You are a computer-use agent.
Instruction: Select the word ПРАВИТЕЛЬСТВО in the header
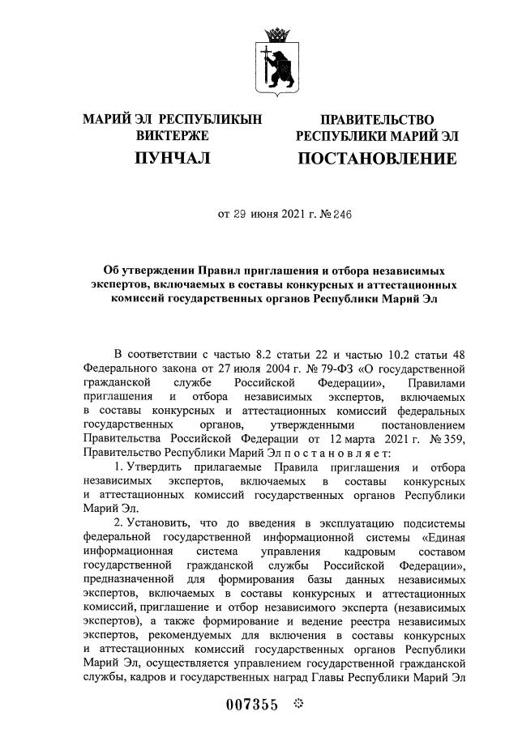point(376,120)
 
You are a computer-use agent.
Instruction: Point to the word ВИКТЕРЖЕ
point(173,135)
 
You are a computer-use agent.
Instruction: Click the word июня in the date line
point(246,215)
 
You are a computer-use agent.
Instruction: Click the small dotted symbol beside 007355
point(296,704)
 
